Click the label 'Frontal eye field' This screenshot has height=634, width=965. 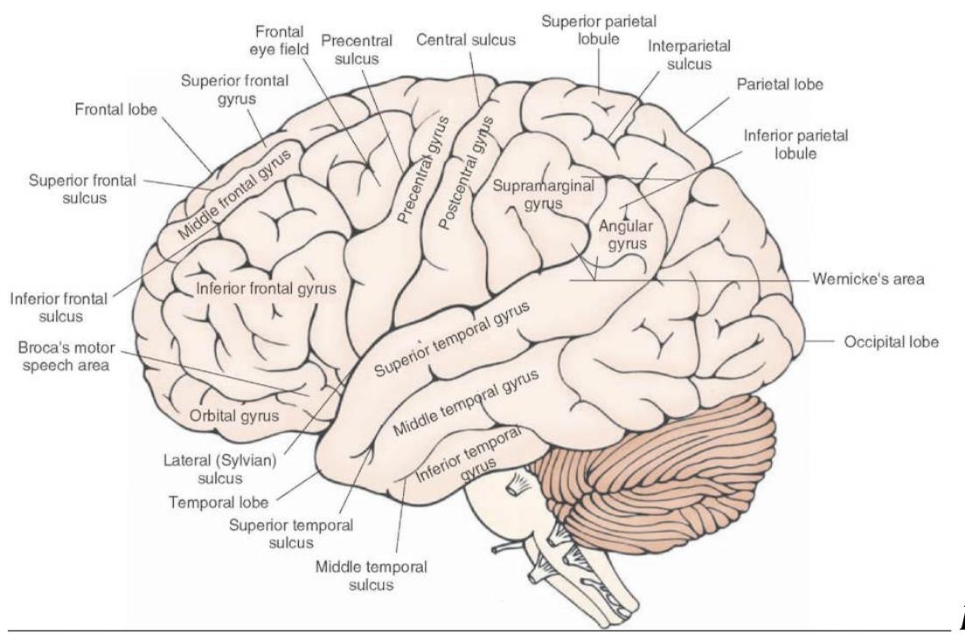coord(280,40)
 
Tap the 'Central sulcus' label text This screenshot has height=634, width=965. coord(466,40)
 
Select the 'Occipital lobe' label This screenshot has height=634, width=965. coord(892,342)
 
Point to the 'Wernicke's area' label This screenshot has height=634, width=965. coord(868,280)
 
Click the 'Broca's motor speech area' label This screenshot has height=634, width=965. coord(63,356)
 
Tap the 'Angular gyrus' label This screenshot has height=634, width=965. coord(627,235)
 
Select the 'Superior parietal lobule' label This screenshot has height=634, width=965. coord(599,29)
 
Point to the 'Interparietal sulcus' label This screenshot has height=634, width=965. coord(689,54)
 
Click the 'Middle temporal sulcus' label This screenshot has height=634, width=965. coord(371,575)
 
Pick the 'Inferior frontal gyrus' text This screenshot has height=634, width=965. coord(266,287)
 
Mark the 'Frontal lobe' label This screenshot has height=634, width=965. coord(116,110)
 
